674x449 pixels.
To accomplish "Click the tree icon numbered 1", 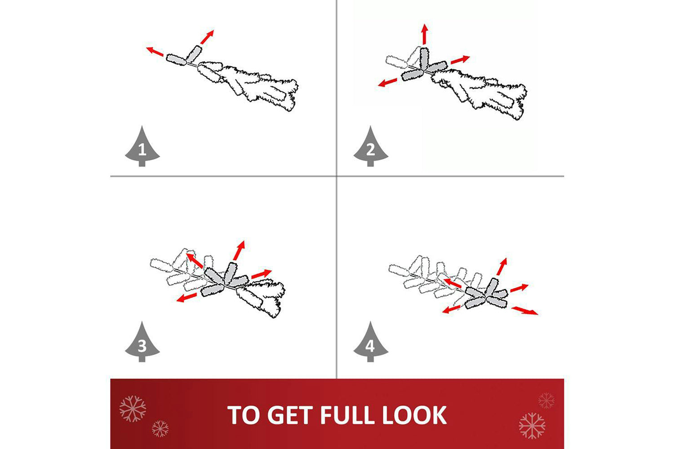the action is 142,147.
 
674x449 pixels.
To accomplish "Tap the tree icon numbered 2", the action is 371,147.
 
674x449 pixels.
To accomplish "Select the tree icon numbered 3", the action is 142,343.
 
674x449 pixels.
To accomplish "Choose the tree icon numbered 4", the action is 371,343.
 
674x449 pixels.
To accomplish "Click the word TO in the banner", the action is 243,415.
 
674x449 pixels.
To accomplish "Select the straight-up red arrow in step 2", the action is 425,34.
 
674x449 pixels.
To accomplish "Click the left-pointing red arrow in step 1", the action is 155,52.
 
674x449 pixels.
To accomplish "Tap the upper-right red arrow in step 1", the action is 207,37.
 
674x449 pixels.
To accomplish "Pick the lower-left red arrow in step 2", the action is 387,82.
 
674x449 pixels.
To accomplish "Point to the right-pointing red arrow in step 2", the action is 460,60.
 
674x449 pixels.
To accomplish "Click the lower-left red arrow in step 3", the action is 186,298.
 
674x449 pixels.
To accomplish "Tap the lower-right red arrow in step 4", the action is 524,311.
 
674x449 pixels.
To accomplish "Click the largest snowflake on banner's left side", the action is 133,409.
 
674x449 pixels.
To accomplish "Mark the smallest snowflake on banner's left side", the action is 160,428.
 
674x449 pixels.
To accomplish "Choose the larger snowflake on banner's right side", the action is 532,426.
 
